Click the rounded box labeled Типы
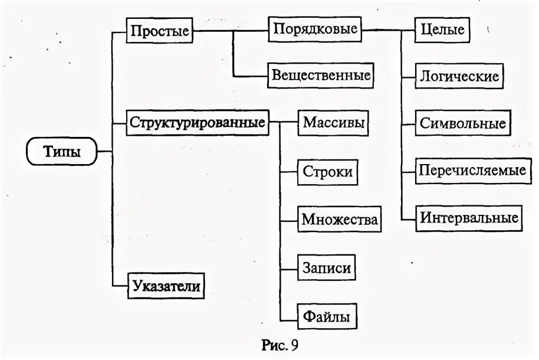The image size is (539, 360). coord(61,152)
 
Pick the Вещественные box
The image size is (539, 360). coord(321,75)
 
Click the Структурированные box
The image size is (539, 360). coord(196,123)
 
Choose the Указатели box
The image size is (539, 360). coord(166,287)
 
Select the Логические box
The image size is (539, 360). coord(460,76)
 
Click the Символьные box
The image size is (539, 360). coord(463,123)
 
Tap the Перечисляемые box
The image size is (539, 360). coord(472,170)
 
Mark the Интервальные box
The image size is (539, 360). coord(469,217)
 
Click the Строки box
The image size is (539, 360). coord(328,172)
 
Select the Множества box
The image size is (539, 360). coord(338,220)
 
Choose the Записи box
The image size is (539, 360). coord(328,267)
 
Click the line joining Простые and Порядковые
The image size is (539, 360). coord(231,30)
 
